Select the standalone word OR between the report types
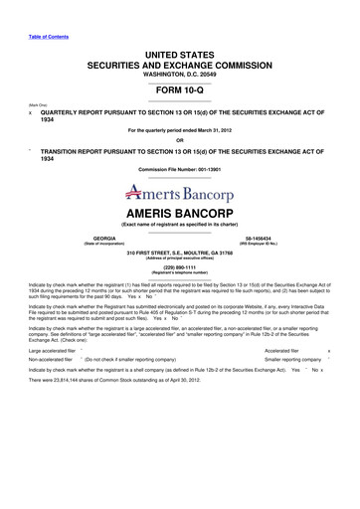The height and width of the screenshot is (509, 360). tap(180, 138)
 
